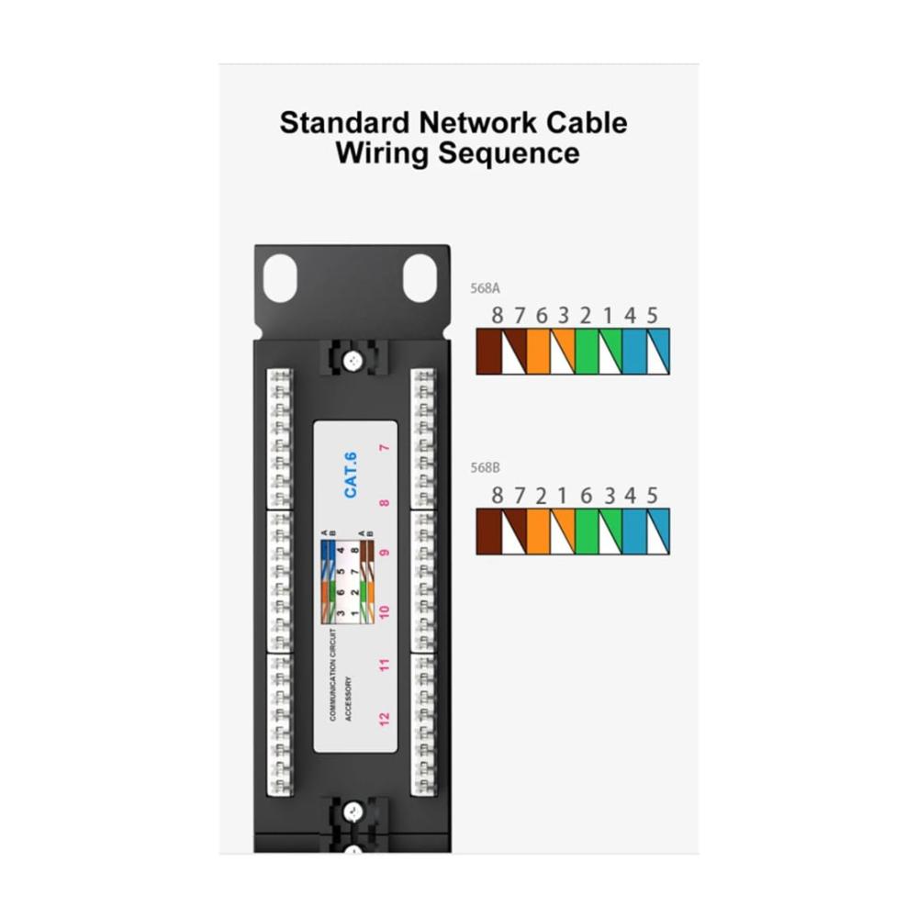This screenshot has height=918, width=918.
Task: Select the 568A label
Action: point(485,287)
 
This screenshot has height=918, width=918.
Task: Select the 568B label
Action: point(485,467)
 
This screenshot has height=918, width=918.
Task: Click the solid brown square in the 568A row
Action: point(487,351)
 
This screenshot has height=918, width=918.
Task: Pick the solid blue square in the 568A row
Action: point(633,351)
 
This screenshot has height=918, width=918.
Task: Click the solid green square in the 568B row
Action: point(586,531)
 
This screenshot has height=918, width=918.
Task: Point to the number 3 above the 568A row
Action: point(564,316)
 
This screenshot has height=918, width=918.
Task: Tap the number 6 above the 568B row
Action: point(586,496)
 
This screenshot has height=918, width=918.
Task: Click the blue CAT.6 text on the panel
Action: point(351,476)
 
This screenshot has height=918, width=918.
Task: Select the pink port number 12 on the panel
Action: point(385,716)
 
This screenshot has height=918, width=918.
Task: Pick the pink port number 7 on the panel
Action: point(385,448)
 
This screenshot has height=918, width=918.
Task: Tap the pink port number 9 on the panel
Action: point(385,554)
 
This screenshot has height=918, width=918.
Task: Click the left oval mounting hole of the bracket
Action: point(281,278)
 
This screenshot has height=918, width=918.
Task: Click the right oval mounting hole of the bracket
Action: point(420,278)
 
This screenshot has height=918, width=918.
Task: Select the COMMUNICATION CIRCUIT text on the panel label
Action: point(332,675)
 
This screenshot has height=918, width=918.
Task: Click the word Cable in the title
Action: point(586,122)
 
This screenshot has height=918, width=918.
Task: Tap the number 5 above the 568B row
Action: point(653,496)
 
